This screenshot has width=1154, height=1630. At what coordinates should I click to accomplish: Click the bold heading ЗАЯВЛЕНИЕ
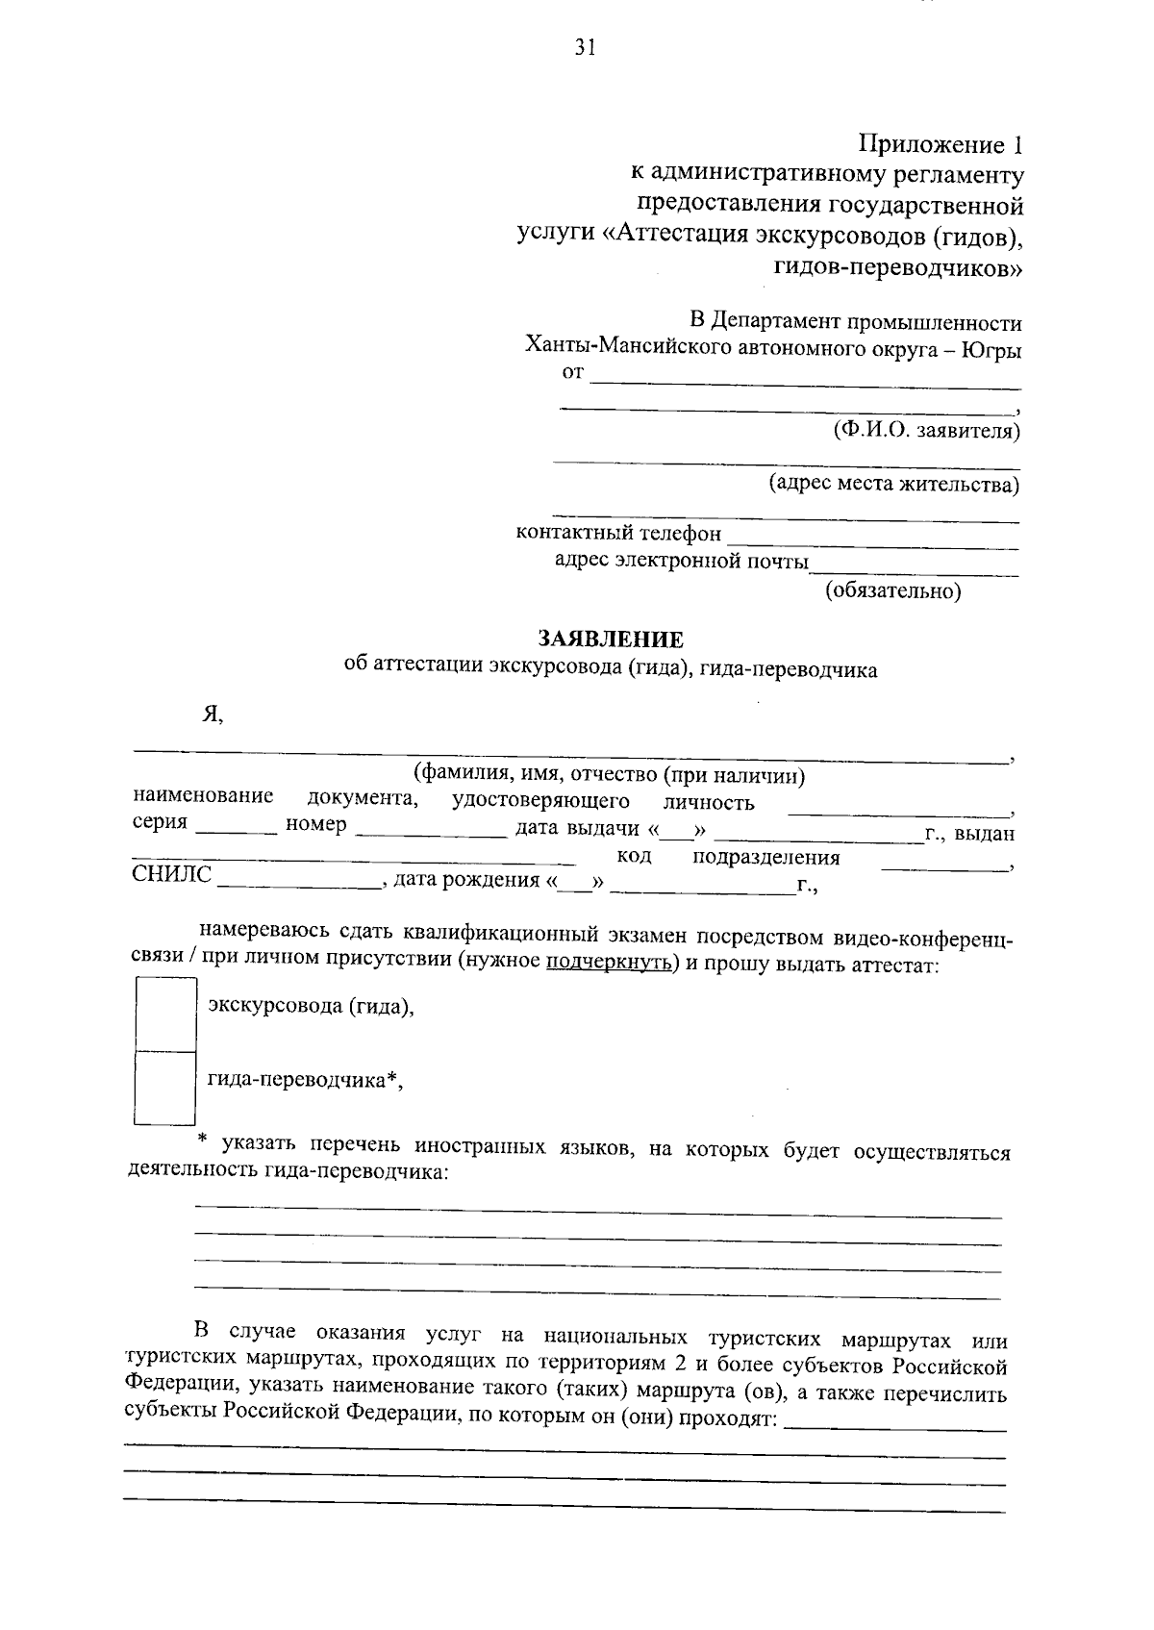[611, 640]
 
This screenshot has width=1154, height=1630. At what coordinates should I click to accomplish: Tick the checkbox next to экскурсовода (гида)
[164, 1015]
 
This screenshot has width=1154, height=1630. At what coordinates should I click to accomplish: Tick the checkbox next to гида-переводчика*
[164, 1087]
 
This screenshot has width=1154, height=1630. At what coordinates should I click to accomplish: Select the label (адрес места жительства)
[893, 485]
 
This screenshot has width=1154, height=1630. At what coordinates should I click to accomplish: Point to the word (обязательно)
[893, 591]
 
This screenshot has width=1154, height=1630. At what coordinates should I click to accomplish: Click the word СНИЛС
[171, 875]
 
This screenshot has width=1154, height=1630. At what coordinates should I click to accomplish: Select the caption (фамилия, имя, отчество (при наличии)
[609, 775]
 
